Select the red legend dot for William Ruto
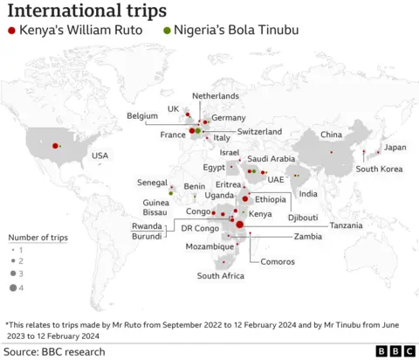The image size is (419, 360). click(10, 31)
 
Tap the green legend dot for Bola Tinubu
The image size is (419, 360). click(167, 31)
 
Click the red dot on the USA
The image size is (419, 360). click(56, 146)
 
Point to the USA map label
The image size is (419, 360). click(100, 156)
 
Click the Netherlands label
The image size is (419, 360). click(215, 95)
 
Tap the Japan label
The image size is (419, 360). click(395, 147)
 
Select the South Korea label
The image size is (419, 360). click(379, 169)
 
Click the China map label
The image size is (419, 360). click(331, 135)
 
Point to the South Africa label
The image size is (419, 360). click(220, 276)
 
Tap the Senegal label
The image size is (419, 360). click(153, 183)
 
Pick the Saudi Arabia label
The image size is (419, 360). click(271, 159)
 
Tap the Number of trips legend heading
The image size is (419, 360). click(38, 237)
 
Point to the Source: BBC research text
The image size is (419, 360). click(54, 351)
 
